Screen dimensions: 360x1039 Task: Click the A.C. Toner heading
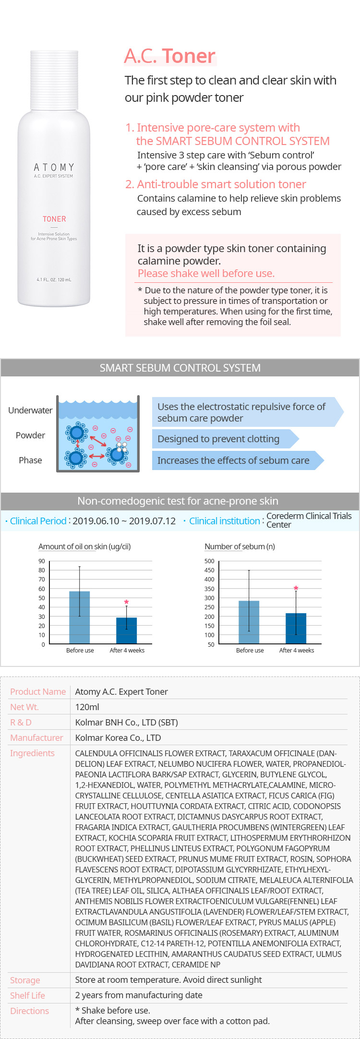[170, 56]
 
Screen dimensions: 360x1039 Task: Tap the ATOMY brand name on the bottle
[54, 167]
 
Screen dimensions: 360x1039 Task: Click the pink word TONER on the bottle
[54, 219]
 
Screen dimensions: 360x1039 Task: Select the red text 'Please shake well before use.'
[206, 273]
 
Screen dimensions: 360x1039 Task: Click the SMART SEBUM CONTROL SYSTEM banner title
[180, 368]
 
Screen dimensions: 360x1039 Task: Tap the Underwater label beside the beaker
[30, 410]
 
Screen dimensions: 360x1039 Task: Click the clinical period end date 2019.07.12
[153, 521]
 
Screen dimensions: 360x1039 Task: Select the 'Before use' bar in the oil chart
[80, 617]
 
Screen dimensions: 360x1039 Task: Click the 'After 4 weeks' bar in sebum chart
[296, 628]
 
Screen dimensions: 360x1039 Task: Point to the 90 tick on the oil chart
[42, 561]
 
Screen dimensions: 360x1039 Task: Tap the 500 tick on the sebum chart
[209, 561]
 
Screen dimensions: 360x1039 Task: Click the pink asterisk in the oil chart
[126, 603]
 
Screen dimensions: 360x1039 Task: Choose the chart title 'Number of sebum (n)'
[240, 546]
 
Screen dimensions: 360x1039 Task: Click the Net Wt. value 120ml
[87, 707]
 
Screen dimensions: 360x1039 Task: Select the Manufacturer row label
[36, 737]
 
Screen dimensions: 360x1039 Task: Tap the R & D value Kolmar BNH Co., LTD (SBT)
[127, 722]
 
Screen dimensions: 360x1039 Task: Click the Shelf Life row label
[27, 995]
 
